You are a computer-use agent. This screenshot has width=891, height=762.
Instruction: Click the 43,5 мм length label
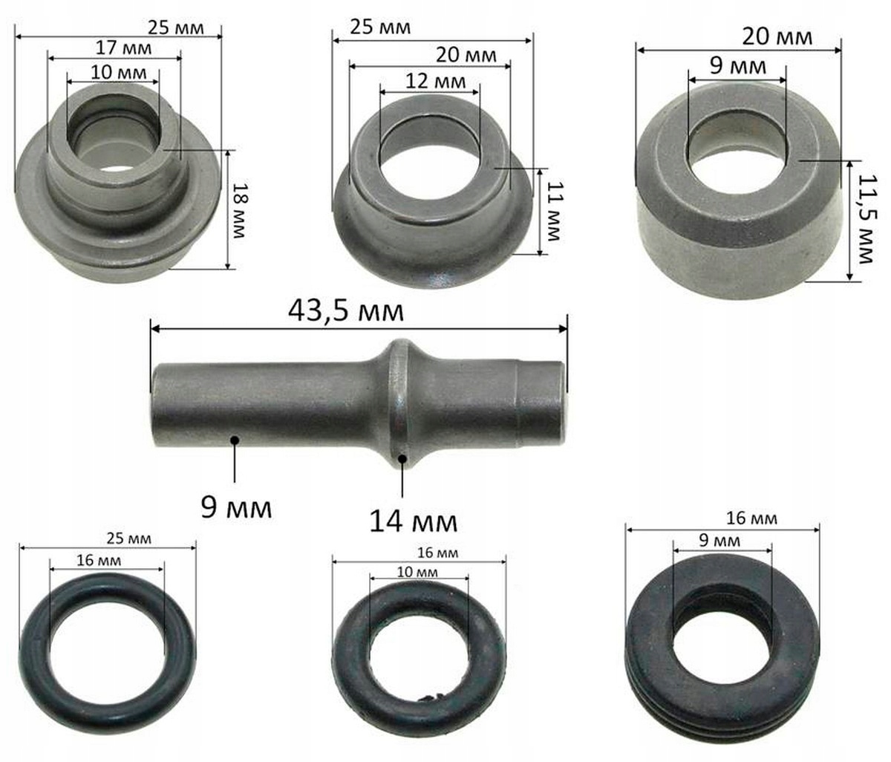[346, 310]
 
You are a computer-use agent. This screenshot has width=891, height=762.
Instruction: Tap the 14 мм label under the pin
[414, 521]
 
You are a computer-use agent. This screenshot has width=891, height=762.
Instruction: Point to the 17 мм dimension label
[123, 48]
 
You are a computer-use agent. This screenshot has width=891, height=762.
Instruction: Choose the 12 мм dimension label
[436, 81]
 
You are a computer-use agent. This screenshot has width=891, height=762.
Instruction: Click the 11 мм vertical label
[553, 211]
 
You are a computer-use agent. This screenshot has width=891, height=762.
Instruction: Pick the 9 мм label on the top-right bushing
[738, 66]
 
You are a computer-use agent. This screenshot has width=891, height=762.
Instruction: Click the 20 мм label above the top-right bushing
[777, 36]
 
